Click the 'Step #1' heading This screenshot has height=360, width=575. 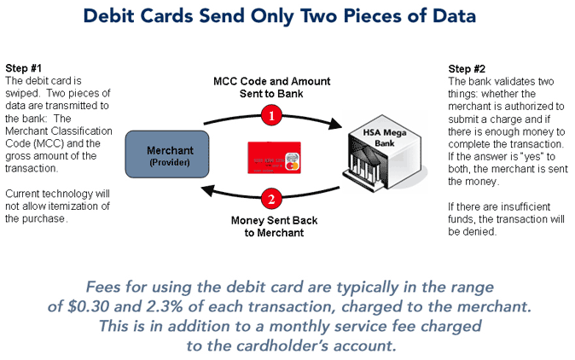point(24,67)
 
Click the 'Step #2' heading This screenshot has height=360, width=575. point(468,67)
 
